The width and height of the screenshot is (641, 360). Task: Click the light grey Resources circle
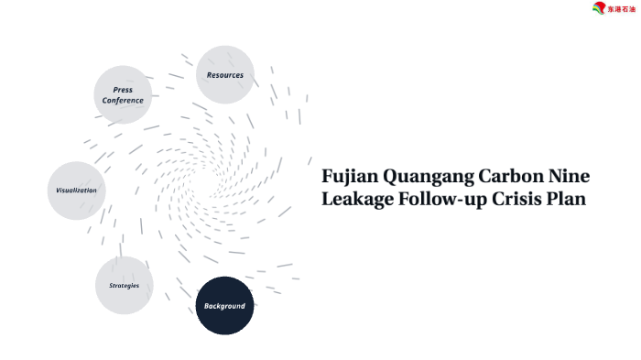(225, 75)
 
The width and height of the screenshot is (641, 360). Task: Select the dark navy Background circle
(224, 305)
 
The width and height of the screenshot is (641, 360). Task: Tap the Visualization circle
(76, 191)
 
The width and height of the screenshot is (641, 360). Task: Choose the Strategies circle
(124, 286)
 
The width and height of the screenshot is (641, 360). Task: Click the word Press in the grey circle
(123, 90)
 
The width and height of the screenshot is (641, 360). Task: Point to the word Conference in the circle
(123, 100)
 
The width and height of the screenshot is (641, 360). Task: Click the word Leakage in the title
(357, 199)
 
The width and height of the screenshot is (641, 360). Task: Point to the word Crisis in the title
(518, 199)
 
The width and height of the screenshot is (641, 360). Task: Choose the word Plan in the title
(567, 199)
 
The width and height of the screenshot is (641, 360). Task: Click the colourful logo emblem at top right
(600, 9)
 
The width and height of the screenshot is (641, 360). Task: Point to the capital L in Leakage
(328, 199)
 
